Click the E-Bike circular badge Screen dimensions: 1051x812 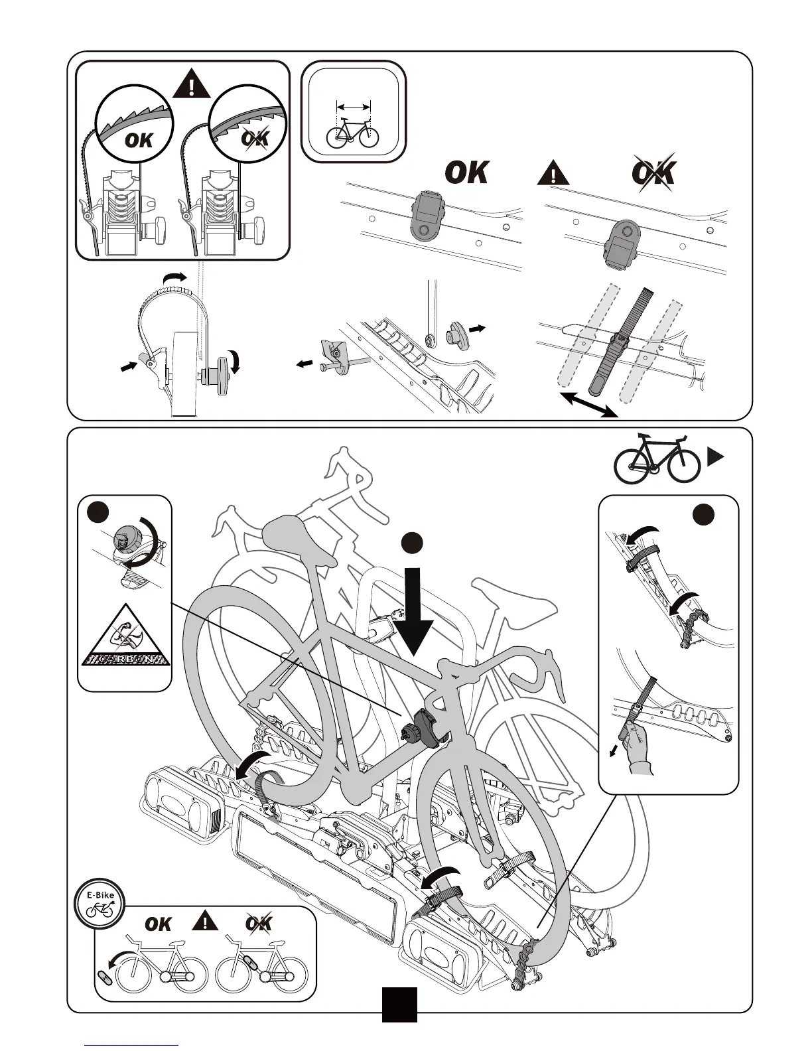pos(100,900)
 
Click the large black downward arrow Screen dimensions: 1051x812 pos(411,616)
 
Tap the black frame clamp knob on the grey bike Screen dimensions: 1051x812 pos(415,729)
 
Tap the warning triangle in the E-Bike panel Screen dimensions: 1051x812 pos(206,922)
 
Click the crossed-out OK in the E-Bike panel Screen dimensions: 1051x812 pos(259,923)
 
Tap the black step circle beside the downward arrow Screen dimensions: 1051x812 pos(412,541)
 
